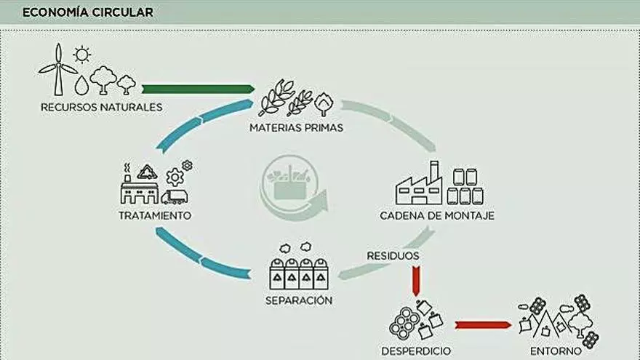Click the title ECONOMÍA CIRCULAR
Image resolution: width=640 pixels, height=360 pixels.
tap(88, 12)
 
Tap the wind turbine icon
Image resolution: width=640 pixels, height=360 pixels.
tap(58, 69)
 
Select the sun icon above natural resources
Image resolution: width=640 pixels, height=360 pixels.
tap(82, 54)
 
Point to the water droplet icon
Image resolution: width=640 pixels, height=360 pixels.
tap(81, 85)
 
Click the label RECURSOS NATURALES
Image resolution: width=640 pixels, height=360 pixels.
tap(101, 108)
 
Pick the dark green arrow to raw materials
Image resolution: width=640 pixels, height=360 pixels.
tap(197, 89)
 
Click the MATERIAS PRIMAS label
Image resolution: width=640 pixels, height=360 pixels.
tap(296, 128)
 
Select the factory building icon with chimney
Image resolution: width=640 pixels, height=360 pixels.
tap(419, 185)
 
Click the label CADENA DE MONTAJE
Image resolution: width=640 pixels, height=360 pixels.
tap(437, 216)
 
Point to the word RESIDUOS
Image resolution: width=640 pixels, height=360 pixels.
tap(393, 256)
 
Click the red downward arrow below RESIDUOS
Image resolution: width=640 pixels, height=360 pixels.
tap(416, 280)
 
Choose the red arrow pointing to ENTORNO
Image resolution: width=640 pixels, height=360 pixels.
tap(482, 324)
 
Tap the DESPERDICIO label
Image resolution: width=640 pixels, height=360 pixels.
tap(416, 351)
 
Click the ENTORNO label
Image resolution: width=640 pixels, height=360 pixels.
tap(556, 351)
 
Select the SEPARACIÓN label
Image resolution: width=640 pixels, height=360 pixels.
tap(299, 300)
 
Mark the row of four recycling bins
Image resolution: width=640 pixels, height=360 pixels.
tap(299, 273)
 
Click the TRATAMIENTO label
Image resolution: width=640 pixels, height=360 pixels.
tap(155, 216)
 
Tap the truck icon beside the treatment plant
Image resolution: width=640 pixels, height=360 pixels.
tap(175, 196)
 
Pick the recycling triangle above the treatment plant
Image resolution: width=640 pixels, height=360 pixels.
tap(148, 172)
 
